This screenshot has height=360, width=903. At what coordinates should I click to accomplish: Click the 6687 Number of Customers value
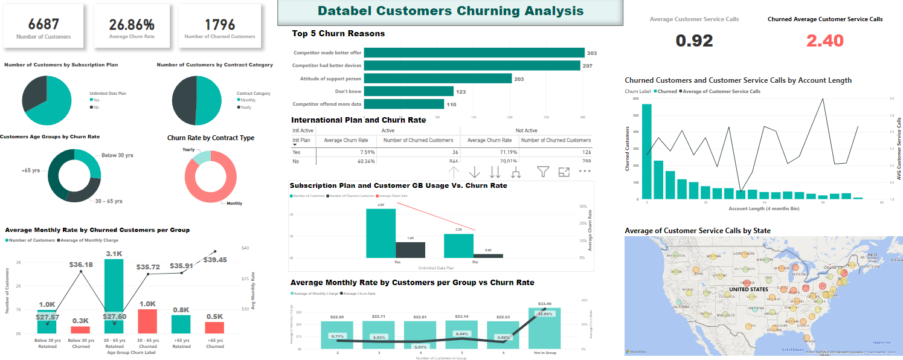[43, 24]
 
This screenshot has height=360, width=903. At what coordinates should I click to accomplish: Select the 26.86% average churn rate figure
[132, 25]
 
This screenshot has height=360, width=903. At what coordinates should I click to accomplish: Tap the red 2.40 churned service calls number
[824, 40]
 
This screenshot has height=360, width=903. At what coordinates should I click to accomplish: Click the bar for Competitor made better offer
[474, 53]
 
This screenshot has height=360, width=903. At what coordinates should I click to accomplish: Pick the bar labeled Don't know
[409, 91]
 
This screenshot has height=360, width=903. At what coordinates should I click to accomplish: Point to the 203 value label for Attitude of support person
[518, 79]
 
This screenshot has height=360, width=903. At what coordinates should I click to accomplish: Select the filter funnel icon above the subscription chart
[543, 172]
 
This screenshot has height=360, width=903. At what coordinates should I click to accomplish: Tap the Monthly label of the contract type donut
[234, 203]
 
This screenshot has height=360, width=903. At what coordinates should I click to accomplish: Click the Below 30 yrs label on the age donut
[117, 155]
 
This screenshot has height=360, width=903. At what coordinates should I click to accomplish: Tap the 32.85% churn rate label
[545, 314]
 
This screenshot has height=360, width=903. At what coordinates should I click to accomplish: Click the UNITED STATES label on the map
[748, 289]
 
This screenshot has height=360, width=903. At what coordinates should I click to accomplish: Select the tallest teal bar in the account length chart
[647, 152]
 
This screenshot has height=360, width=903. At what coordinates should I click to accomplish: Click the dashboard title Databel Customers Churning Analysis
[451, 11]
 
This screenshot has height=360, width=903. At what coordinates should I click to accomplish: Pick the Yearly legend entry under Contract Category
[246, 107]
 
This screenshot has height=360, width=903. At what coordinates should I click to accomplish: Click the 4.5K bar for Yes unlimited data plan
[381, 234]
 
